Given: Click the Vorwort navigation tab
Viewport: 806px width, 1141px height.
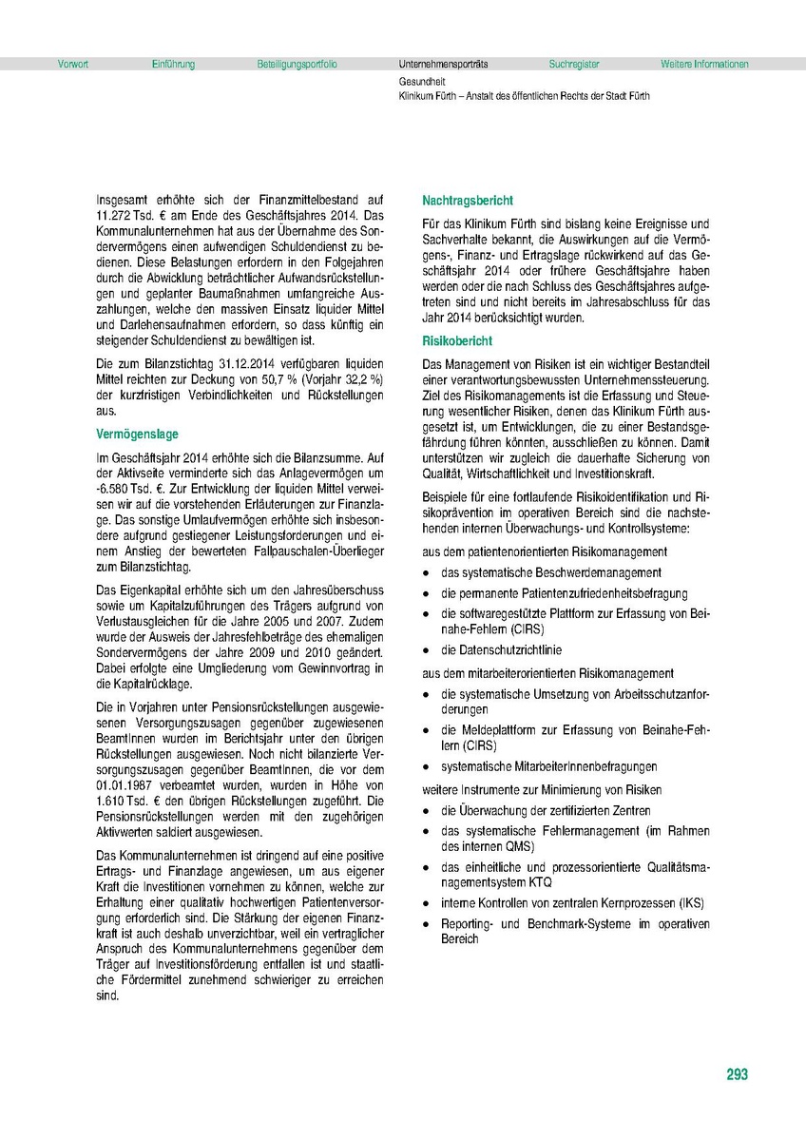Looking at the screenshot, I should (73, 65).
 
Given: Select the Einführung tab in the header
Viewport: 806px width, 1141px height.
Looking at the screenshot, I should (173, 65).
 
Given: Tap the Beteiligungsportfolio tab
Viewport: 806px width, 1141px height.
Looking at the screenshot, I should (297, 65).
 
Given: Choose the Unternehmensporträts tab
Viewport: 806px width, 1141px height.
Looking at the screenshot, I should (443, 65).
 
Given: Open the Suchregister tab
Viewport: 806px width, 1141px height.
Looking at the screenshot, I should (574, 65).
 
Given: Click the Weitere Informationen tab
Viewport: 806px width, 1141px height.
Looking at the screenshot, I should (704, 65).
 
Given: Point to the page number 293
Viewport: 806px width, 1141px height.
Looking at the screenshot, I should (737, 1074).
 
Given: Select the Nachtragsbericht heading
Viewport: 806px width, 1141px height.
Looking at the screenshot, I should (468, 201).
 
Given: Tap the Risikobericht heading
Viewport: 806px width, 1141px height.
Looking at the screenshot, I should (457, 339).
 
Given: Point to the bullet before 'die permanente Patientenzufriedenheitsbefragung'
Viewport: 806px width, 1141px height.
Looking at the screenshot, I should (429, 594).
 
